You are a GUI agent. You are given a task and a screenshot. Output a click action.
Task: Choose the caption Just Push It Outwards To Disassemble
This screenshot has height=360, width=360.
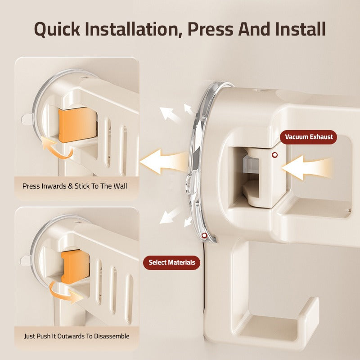click(x=76, y=336)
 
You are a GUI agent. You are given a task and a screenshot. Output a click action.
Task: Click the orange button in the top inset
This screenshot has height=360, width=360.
click(x=77, y=124)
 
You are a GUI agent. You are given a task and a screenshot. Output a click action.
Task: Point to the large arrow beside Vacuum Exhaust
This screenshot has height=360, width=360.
click(x=306, y=167)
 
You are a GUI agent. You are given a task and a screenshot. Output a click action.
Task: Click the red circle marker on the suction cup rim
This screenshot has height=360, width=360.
click(x=205, y=235)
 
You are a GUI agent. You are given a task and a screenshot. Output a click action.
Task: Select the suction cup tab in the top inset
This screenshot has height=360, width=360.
click(x=27, y=119)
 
